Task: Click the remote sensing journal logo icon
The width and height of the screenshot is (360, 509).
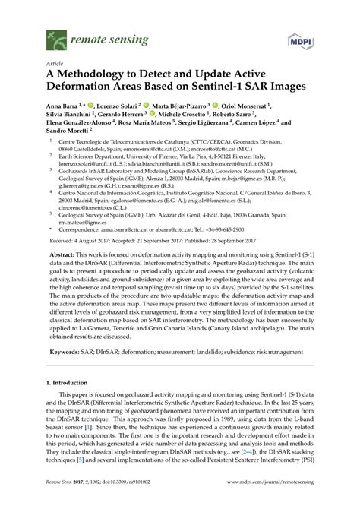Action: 54,35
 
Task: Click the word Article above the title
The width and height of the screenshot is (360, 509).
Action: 55,64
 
